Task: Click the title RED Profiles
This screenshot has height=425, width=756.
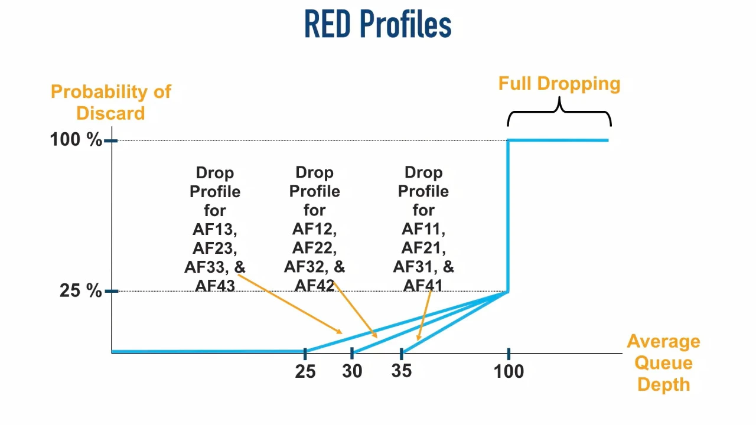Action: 377,25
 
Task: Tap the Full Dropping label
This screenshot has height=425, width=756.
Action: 559,83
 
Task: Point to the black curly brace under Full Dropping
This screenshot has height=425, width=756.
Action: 559,112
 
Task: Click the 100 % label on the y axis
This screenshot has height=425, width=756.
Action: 76,140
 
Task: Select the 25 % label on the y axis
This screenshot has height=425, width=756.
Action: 80,290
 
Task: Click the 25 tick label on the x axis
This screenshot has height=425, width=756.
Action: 305,371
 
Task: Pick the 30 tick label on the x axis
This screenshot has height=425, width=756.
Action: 352,371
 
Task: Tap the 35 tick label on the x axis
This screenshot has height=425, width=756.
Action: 401,371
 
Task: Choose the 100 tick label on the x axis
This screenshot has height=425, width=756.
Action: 509,371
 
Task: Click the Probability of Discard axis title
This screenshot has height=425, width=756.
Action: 110,102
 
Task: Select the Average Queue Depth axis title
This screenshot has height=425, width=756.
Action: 663,362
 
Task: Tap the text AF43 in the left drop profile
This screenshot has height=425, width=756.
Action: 214,286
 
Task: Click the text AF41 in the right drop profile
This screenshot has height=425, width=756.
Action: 423,286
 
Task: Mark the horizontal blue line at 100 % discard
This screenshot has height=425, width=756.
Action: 558,140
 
